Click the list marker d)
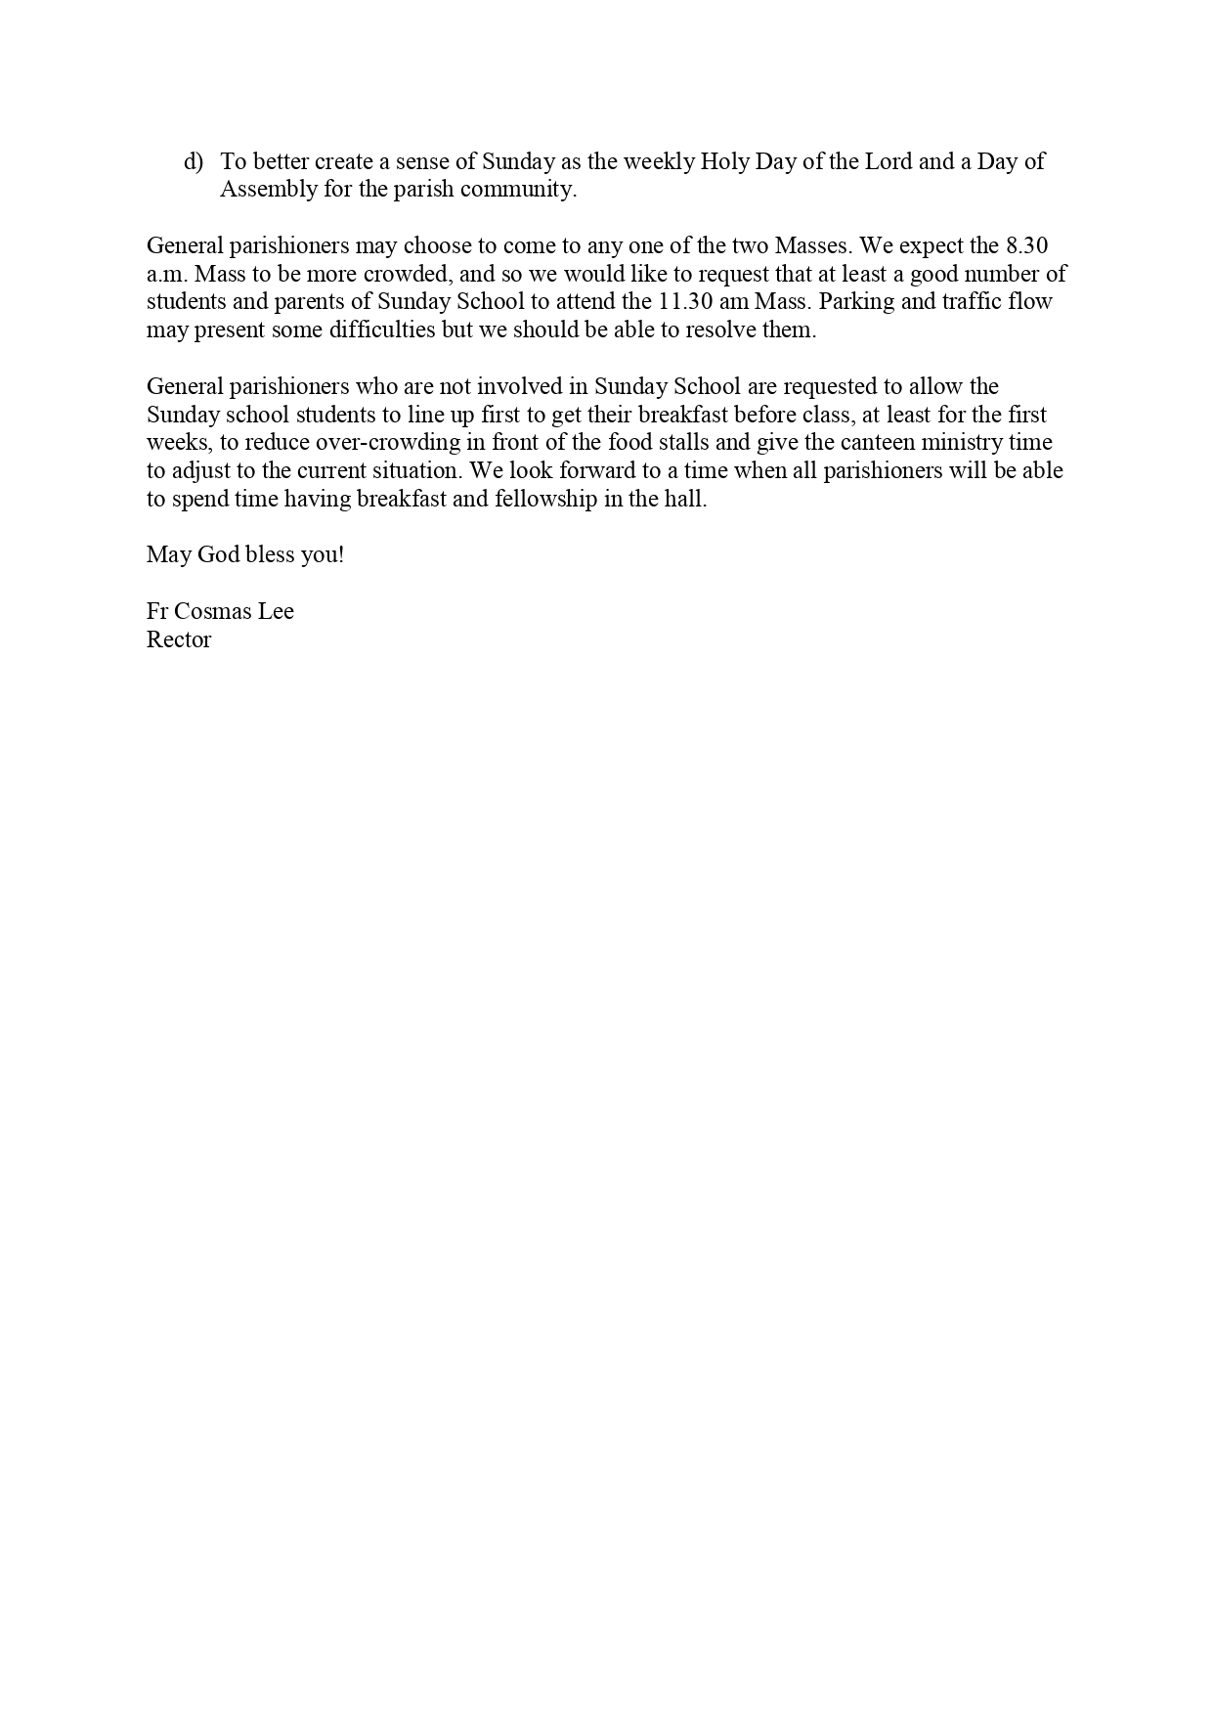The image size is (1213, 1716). tap(194, 161)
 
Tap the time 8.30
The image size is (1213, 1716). tap(1027, 245)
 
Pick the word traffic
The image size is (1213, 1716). tap(979, 301)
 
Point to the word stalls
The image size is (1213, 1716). tap(690, 442)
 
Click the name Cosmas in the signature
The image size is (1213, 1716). tap(213, 612)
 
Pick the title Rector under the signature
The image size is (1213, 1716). tap(179, 640)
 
